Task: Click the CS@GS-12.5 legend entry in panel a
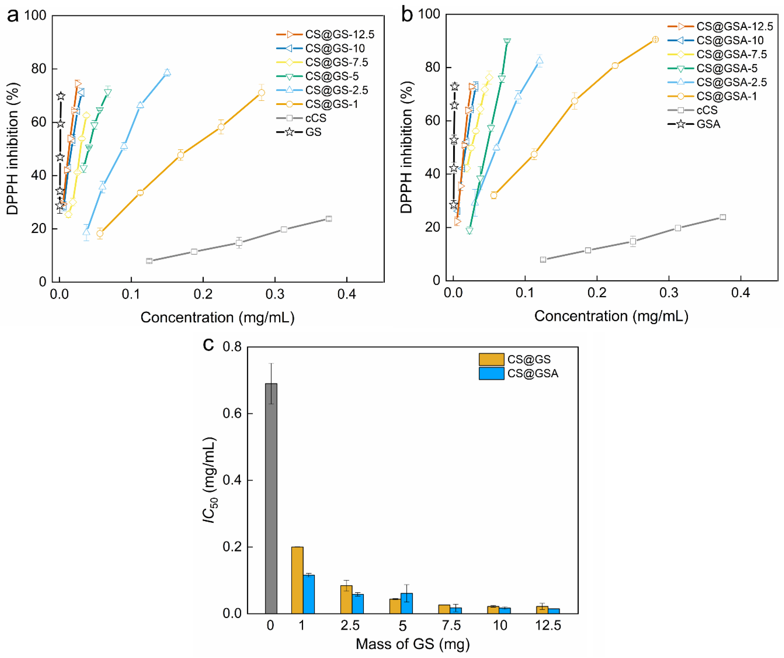pyautogui.click(x=325, y=34)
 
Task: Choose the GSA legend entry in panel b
pyautogui.click(x=694, y=124)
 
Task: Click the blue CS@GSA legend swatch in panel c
pyautogui.click(x=491, y=374)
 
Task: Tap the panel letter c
pyautogui.click(x=208, y=344)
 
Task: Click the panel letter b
pyautogui.click(x=407, y=15)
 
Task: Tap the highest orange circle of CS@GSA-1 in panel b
pyautogui.click(x=655, y=40)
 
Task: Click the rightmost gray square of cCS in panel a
pyautogui.click(x=329, y=219)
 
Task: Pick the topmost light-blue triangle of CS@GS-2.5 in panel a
pyautogui.click(x=167, y=72)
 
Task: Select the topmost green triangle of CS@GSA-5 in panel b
pyautogui.click(x=507, y=41)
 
